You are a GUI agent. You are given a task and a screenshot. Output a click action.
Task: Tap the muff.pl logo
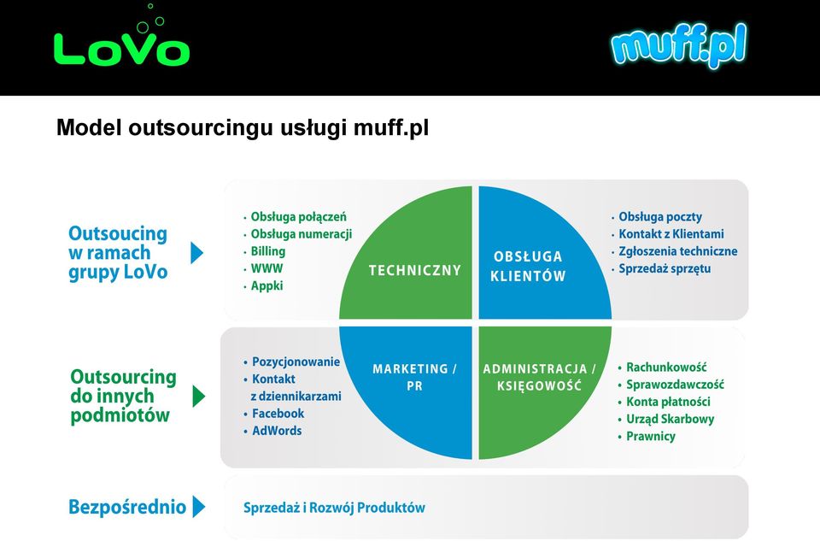tap(679, 45)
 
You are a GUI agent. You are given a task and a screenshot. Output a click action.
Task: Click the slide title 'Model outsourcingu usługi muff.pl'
tap(242, 128)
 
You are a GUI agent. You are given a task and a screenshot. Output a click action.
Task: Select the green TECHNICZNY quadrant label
tap(415, 270)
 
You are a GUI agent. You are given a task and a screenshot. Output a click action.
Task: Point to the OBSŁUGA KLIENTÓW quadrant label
tap(528, 267)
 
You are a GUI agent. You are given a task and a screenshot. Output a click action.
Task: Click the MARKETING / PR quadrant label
tap(414, 377)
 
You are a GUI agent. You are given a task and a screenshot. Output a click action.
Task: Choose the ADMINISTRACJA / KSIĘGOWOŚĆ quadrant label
tap(539, 377)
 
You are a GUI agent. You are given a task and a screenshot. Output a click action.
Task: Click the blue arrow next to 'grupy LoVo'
tap(196, 253)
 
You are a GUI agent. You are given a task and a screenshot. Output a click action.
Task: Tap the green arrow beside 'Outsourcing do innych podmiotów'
tap(199, 396)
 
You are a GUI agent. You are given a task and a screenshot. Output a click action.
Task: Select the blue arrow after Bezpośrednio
tap(199, 507)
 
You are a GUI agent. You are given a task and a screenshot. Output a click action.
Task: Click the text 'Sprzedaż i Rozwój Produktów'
tap(334, 508)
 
